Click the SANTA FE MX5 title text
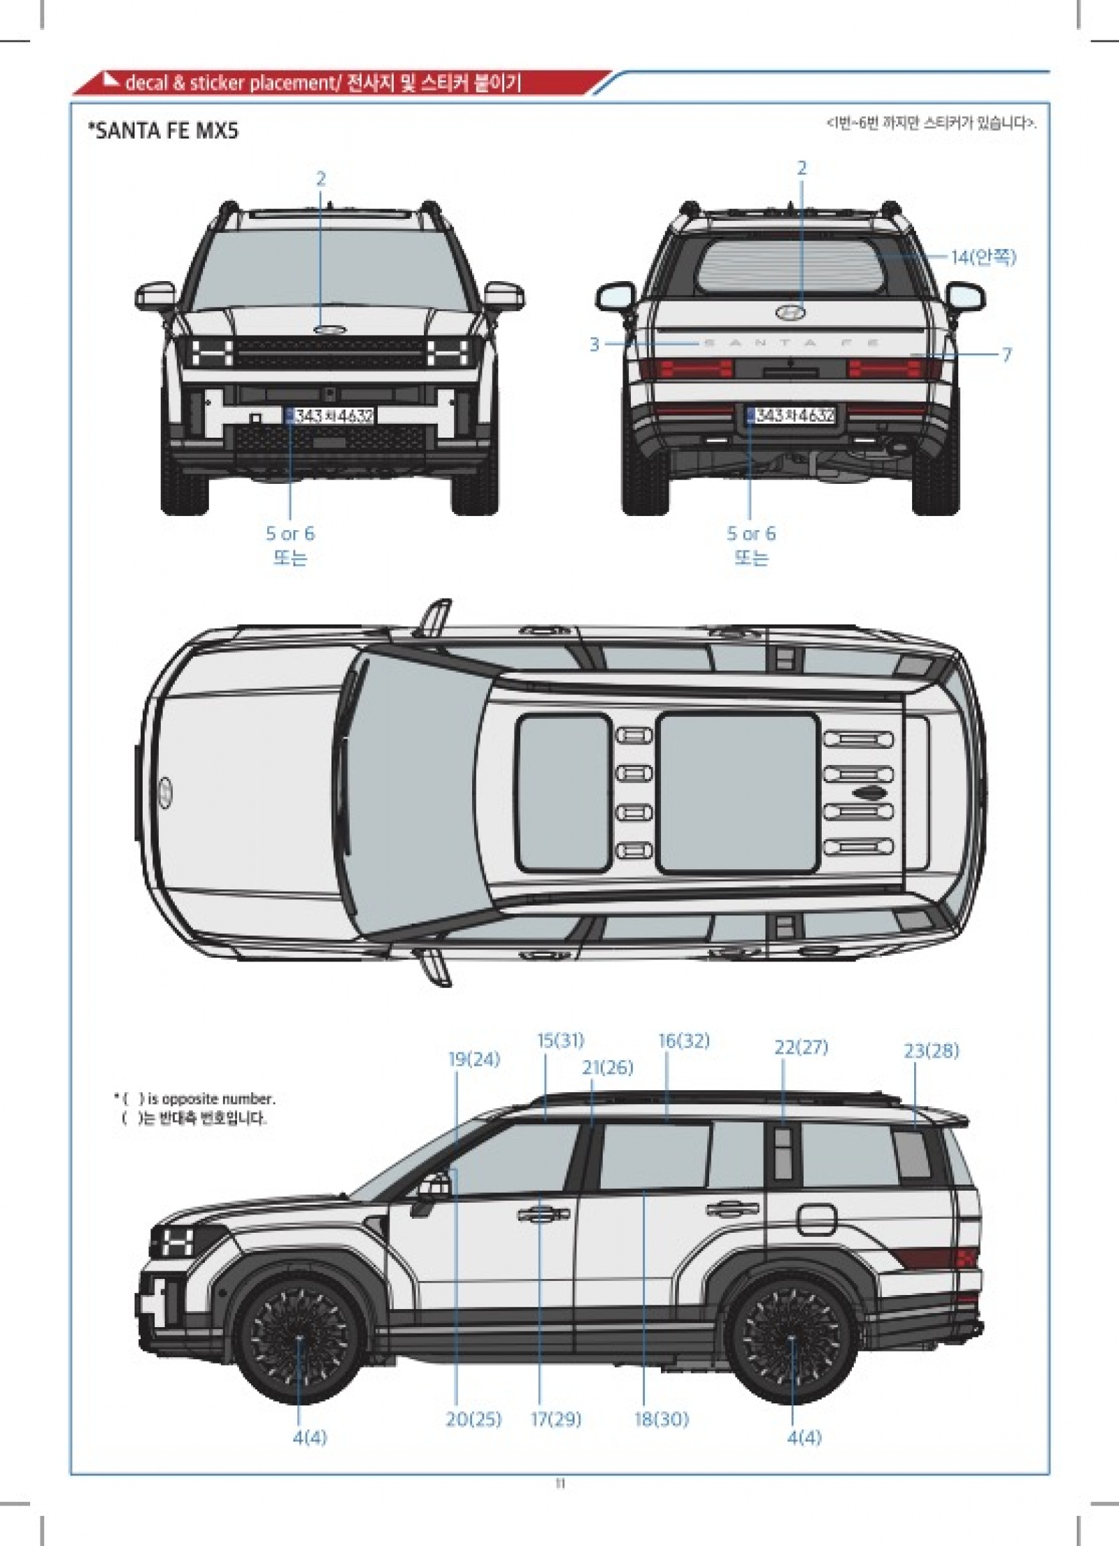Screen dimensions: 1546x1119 [163, 131]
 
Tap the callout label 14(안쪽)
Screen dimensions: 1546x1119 [983, 257]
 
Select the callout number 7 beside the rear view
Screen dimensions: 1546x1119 [1006, 355]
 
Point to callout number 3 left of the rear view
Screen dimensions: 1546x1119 [594, 344]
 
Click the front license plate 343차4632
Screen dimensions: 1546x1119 [330, 417]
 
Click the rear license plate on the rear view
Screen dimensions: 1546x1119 [792, 415]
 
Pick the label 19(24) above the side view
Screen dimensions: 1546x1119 [474, 1059]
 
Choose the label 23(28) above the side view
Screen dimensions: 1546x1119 [931, 1050]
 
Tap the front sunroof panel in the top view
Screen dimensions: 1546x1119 [563, 793]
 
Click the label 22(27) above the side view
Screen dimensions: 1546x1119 [801, 1047]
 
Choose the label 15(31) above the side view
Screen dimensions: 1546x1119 [560, 1040]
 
